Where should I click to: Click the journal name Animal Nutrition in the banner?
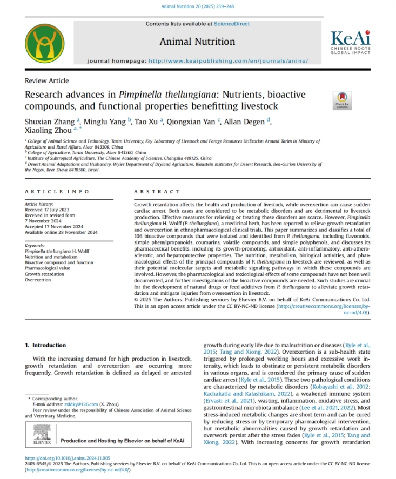point(197,42)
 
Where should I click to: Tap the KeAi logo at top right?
point(350,42)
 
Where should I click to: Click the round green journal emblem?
point(44,43)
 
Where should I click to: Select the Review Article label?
point(47,80)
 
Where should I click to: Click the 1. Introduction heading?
point(45,345)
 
